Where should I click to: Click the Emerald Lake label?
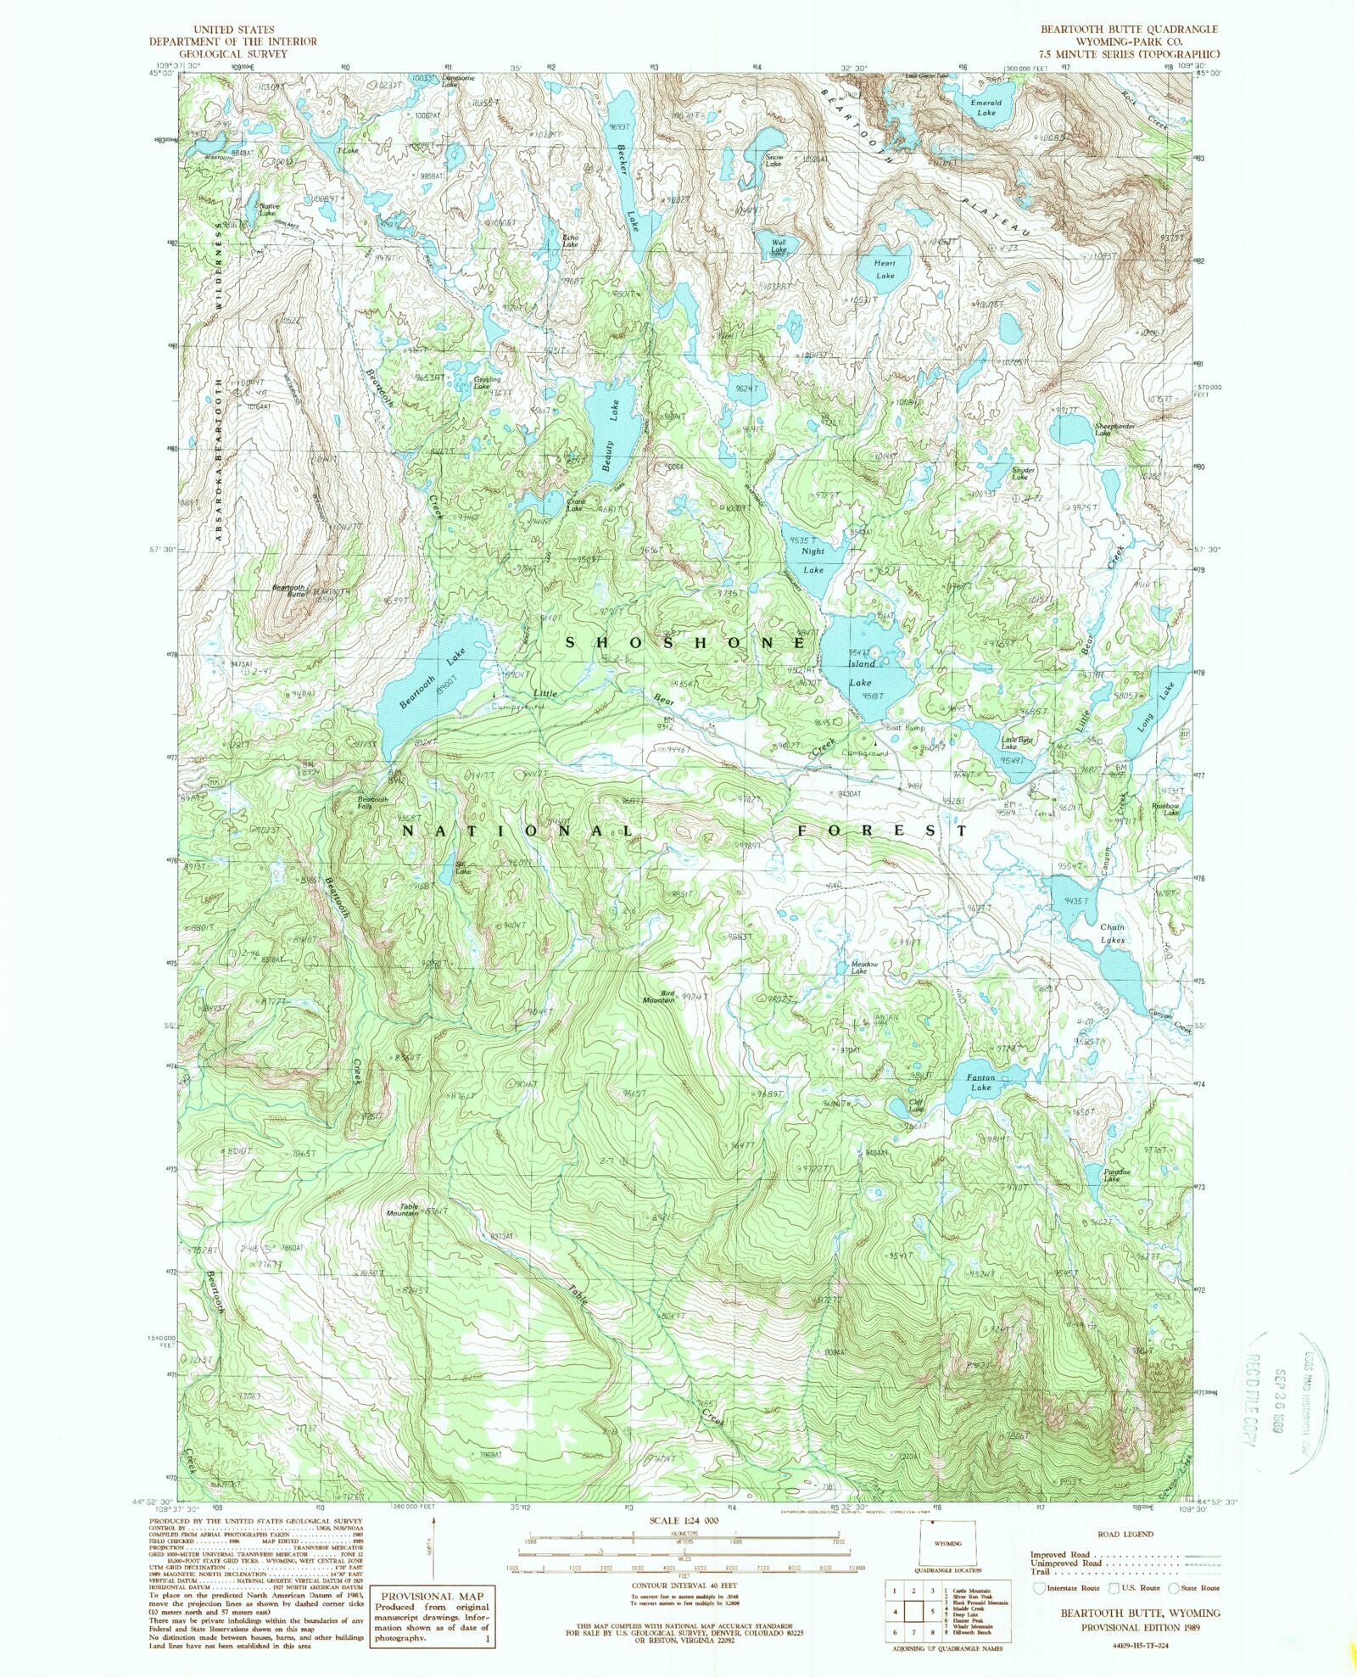coord(985,107)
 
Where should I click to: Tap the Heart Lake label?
coord(885,269)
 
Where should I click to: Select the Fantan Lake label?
coord(980,1082)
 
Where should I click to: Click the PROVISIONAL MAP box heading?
coord(430,1596)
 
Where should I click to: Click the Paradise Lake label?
coord(1111,1176)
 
